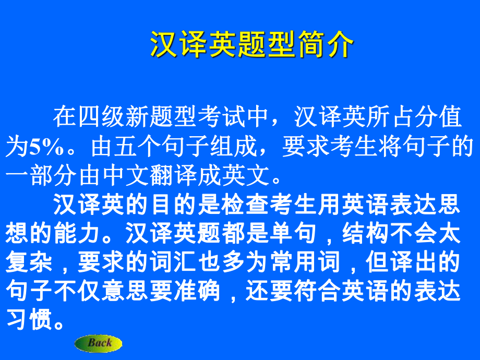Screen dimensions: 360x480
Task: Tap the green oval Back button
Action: pyautogui.click(x=99, y=343)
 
